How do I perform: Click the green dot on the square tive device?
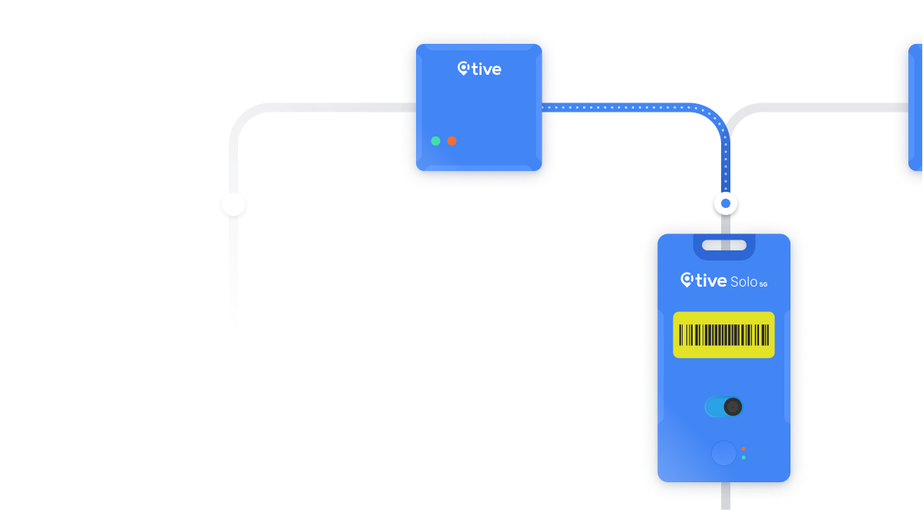[435, 141]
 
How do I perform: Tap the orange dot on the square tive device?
[451, 141]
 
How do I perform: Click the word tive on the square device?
[486, 69]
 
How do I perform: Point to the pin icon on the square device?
[464, 69]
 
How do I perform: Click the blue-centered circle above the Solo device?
[726, 203]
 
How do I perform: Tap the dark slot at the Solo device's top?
[723, 246]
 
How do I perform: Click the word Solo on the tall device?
[743, 281]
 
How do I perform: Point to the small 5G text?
[764, 284]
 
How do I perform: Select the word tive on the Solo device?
[711, 281]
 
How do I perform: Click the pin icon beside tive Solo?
[687, 280]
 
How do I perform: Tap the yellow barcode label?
[723, 335]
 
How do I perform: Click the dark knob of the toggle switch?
[733, 407]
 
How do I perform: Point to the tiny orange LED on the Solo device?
[743, 448]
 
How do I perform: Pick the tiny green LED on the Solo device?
[743, 458]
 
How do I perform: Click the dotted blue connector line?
[632, 107]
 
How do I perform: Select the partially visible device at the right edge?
[914, 107]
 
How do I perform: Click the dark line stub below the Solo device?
[724, 497]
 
